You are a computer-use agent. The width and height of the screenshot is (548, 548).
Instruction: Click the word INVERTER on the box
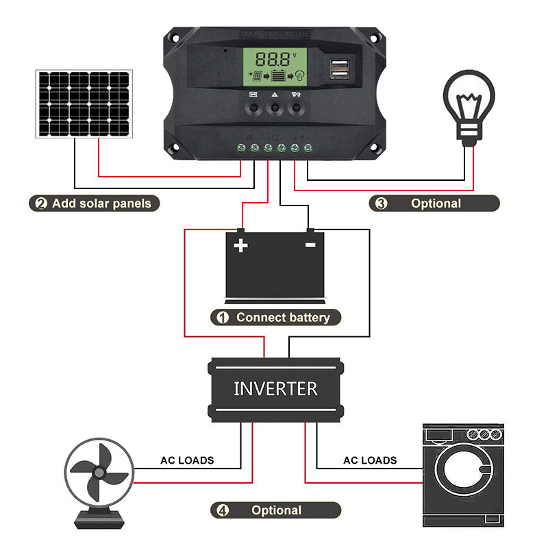tap(275, 389)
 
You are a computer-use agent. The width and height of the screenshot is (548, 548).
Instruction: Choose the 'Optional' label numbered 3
tap(436, 203)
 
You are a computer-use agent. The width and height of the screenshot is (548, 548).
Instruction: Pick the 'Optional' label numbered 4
tap(276, 510)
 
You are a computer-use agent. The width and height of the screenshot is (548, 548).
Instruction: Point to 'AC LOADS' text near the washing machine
tap(370, 460)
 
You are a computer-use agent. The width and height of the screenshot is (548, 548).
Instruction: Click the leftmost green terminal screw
tap(241, 147)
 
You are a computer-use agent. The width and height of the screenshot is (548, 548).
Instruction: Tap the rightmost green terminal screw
tap(308, 147)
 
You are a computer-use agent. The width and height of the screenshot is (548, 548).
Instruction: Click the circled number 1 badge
tap(222, 318)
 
